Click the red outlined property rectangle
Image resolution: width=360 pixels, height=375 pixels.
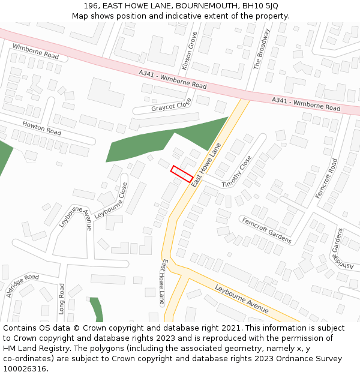click(x=182, y=173)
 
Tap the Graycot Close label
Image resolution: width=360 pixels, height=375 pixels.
click(x=171, y=104)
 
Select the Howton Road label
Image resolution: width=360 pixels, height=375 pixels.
click(x=41, y=128)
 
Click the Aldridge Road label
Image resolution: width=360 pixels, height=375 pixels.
click(x=22, y=285)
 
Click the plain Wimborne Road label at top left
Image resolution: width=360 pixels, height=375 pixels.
click(x=35, y=51)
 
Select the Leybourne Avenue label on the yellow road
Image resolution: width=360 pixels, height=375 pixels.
click(x=241, y=298)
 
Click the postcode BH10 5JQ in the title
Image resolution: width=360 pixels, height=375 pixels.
click(x=262, y=6)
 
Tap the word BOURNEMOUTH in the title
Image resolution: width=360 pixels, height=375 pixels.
click(x=203, y=6)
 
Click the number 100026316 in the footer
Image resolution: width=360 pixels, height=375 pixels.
click(x=25, y=368)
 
